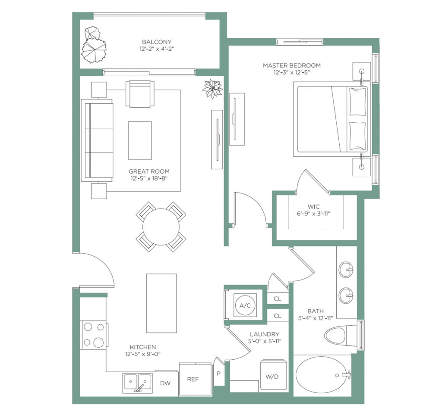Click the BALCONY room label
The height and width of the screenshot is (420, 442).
[157, 42]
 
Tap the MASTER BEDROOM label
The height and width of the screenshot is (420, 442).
[292, 65]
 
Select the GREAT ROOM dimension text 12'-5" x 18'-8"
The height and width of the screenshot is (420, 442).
[149, 178]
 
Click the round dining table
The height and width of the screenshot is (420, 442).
[161, 227]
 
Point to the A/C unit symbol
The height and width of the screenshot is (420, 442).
[245, 305]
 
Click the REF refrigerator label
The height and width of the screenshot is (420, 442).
[193, 379]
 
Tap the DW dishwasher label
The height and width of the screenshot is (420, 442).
[165, 383]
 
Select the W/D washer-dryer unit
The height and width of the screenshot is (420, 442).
[273, 374]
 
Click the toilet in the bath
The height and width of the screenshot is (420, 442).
[341, 336]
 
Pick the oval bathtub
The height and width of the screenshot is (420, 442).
[321, 375]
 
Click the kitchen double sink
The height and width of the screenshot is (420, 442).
[138, 383]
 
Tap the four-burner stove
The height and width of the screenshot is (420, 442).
[94, 335]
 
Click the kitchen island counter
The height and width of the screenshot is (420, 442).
[161, 303]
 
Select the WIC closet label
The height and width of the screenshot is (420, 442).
[313, 206]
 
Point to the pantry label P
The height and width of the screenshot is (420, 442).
[218, 374]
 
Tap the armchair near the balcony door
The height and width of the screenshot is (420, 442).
[140, 93]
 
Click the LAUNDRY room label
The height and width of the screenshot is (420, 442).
[265, 334]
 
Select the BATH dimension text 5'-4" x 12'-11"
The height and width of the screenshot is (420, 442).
[316, 318]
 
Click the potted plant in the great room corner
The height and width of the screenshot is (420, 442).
[212, 89]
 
